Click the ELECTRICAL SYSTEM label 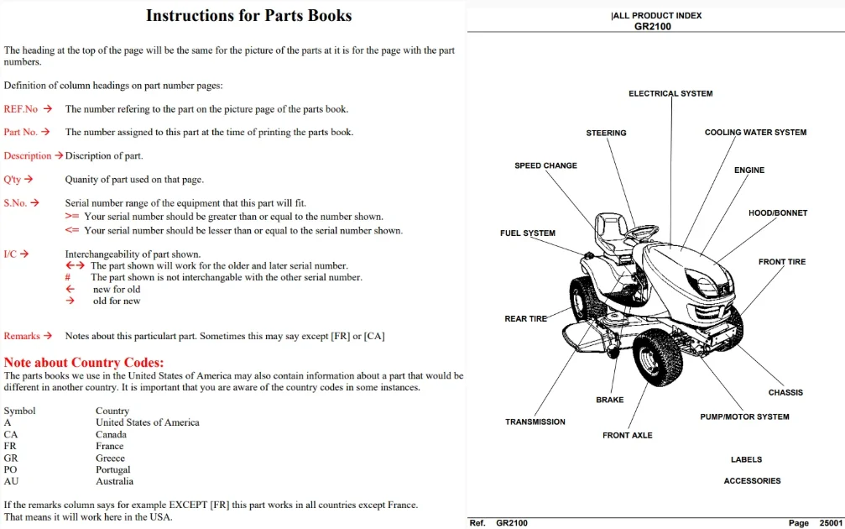[670, 93]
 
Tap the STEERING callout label [606, 133]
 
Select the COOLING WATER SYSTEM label [755, 132]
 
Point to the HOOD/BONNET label [778, 213]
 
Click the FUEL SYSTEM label [528, 233]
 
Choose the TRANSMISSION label [535, 422]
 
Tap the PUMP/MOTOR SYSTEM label [744, 416]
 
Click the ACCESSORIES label [752, 480]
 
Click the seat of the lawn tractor [612, 231]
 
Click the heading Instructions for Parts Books [249, 15]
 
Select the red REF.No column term [20, 109]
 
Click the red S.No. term [15, 202]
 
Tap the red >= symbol [71, 217]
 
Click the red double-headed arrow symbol [75, 265]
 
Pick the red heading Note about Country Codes [84, 363]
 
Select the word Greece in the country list [110, 458]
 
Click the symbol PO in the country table [10, 469]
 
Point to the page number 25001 [831, 523]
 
